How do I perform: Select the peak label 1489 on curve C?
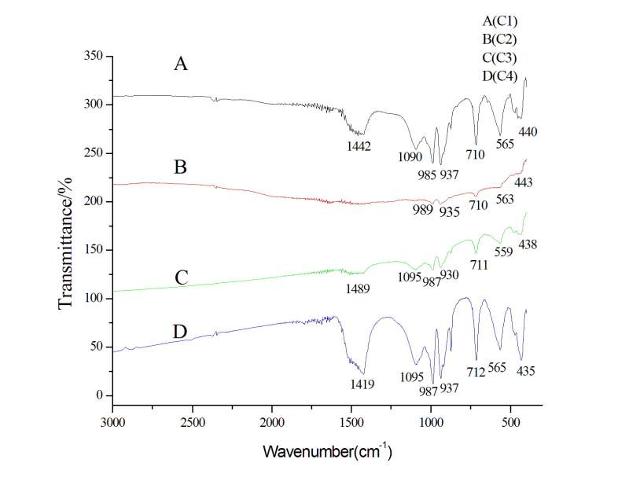(x=357, y=288)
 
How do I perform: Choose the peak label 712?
(x=475, y=368)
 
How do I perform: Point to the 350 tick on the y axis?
(x=94, y=56)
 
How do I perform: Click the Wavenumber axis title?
(x=327, y=453)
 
